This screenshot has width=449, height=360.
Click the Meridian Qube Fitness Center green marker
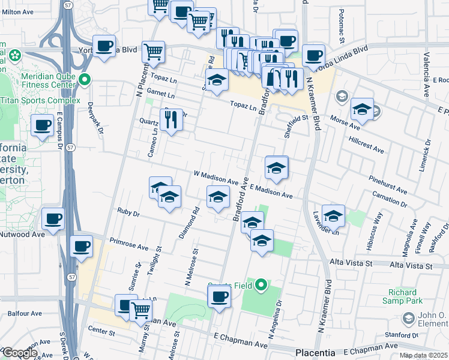point(86,79)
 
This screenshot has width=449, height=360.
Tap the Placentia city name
point(319,352)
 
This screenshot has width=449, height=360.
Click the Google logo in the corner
point(19,353)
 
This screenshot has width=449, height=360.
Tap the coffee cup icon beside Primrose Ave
point(82,245)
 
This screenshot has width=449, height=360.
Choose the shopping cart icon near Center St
point(140,310)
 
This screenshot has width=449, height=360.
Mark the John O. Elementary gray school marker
point(409,317)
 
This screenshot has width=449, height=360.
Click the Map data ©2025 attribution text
point(423,355)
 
